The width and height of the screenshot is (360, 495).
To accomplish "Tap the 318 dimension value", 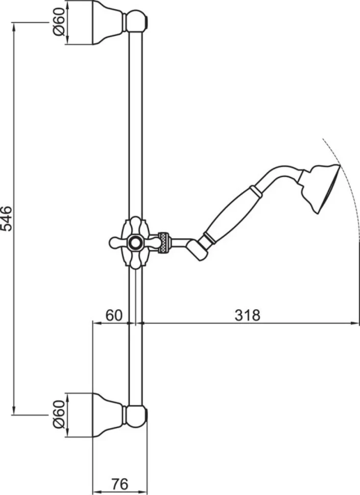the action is tap(248, 315).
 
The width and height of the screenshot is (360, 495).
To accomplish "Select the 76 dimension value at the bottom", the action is tap(119, 484).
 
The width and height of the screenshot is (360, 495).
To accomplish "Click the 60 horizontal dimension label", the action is tap(114, 315).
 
